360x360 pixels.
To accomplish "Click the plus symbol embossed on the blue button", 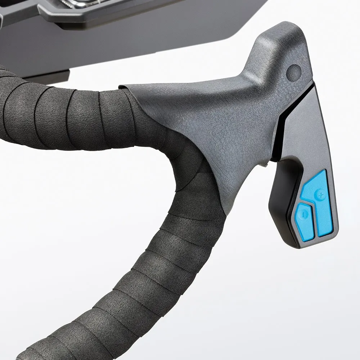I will (x=320, y=195).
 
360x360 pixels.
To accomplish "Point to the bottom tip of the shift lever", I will (x=302, y=245).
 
